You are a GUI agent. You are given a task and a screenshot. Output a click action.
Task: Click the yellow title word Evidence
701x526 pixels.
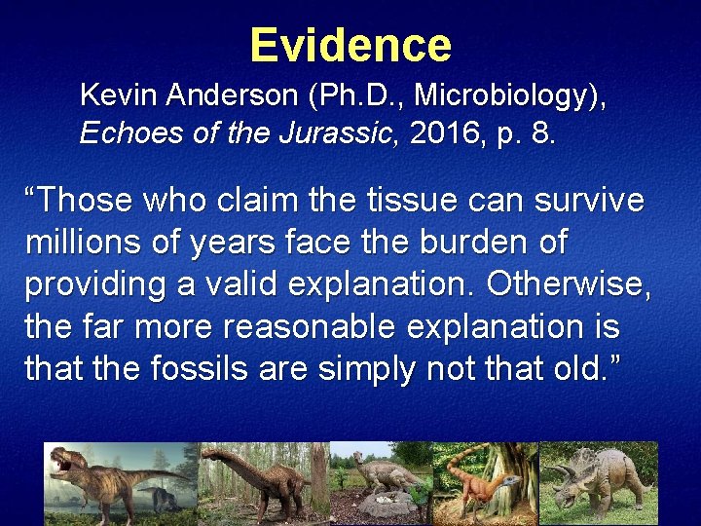350,45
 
